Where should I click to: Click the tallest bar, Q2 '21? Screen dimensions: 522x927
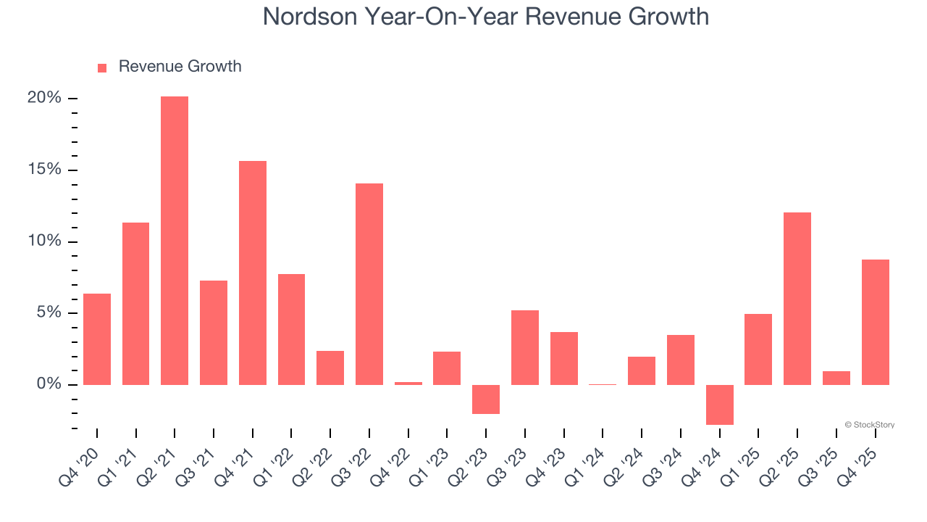(175, 240)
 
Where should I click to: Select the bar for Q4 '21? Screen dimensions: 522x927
(253, 273)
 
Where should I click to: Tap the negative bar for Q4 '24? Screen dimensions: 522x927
(720, 405)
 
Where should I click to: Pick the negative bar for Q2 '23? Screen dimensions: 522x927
(486, 399)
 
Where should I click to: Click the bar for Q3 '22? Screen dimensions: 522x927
(369, 283)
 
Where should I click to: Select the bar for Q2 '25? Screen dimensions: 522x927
(797, 298)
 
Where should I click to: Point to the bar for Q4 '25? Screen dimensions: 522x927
(876, 322)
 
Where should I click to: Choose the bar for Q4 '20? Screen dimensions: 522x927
(97, 339)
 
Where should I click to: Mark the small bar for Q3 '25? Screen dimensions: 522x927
(836, 378)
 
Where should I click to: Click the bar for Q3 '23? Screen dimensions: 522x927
(525, 347)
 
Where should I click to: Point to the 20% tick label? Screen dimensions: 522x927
(44, 98)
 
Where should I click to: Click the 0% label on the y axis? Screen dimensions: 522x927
(49, 384)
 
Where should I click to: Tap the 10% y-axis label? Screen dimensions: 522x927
(44, 241)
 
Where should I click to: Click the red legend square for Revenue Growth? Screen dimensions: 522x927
(102, 67)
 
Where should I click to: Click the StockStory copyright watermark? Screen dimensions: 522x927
(870, 425)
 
